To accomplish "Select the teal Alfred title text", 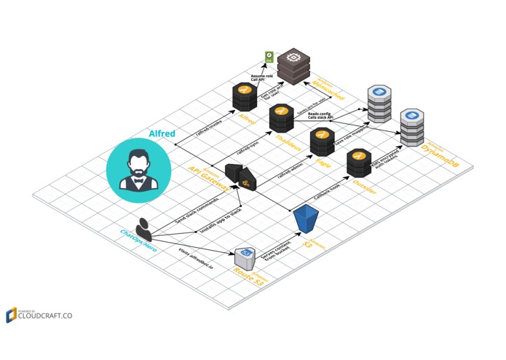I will pyautogui.click(x=162, y=134).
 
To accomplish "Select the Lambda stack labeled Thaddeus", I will pyautogui.click(x=281, y=118).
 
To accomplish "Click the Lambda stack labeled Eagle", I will pyautogui.click(x=322, y=141).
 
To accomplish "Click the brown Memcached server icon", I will pyautogui.click(x=293, y=66).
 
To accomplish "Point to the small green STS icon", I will pyautogui.click(x=269, y=58).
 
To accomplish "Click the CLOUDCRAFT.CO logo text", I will pyautogui.click(x=45, y=316).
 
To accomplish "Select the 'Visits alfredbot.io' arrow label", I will pyautogui.click(x=196, y=258).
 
